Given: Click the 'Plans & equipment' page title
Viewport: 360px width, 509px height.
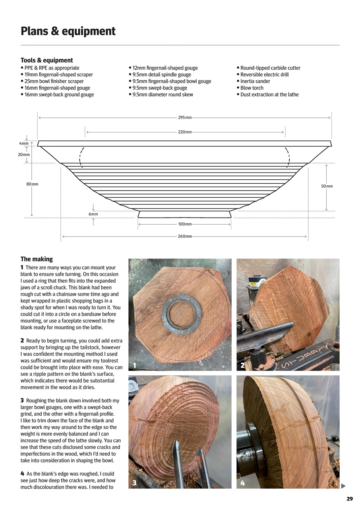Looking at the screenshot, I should coord(68,31).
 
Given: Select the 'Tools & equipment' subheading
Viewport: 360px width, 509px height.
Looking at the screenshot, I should coord(46,60).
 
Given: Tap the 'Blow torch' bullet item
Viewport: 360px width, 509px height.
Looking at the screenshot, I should coord(252,88).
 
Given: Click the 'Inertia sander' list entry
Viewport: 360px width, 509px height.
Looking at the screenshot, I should coord(255,81).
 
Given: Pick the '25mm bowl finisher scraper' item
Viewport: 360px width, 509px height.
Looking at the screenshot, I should coord(54,81).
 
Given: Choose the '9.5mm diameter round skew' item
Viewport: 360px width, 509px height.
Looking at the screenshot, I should coord(163,95).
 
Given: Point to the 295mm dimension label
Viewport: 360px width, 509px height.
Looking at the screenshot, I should coord(185,118).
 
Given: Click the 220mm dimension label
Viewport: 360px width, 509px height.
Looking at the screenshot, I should coord(185,132).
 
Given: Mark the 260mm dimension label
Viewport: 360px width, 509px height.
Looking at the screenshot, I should coord(185,237).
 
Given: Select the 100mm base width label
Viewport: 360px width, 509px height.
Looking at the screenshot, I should coord(185,224).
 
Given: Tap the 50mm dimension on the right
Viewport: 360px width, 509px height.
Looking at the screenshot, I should coord(327,186).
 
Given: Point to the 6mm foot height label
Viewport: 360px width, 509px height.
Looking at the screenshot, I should coord(93,214).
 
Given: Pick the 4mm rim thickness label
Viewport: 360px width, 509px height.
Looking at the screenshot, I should coord(24,143).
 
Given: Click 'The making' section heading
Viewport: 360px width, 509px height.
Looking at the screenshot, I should coord(37,259).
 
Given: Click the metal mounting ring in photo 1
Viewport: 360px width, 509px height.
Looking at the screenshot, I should coord(181,313).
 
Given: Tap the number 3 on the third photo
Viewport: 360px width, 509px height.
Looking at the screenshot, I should coord(135,483).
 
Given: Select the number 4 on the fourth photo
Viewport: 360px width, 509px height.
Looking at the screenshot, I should coord(242,483).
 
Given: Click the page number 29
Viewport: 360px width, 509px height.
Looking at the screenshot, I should coord(349,499).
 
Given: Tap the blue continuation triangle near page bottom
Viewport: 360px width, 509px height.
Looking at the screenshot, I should coord(343,486).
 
